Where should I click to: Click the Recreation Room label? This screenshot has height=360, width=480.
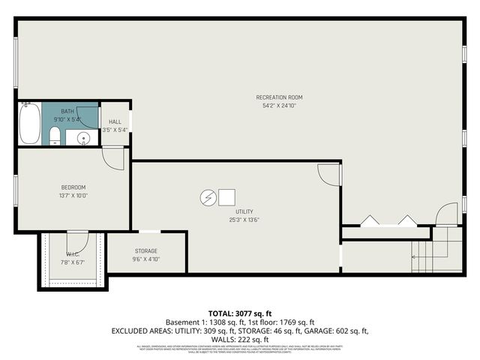(x=279, y=97)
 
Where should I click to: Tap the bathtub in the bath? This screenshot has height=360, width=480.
(x=29, y=124)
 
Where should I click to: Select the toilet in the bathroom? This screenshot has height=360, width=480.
(x=55, y=136)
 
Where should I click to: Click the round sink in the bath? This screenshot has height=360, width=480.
(x=83, y=138)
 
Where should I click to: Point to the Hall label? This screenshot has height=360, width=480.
(x=115, y=121)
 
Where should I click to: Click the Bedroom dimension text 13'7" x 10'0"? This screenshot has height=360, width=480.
(x=73, y=196)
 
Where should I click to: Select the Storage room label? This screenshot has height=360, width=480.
(x=146, y=250)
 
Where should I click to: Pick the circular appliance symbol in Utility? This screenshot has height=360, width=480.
(x=206, y=197)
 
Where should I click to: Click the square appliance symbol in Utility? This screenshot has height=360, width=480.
(x=225, y=197)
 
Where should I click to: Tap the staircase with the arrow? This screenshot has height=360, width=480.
(x=427, y=255)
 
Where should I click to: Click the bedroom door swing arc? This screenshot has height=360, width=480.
(x=112, y=158)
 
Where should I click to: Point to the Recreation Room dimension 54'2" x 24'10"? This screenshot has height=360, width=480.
(x=279, y=106)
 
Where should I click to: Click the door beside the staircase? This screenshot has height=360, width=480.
(x=446, y=214)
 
